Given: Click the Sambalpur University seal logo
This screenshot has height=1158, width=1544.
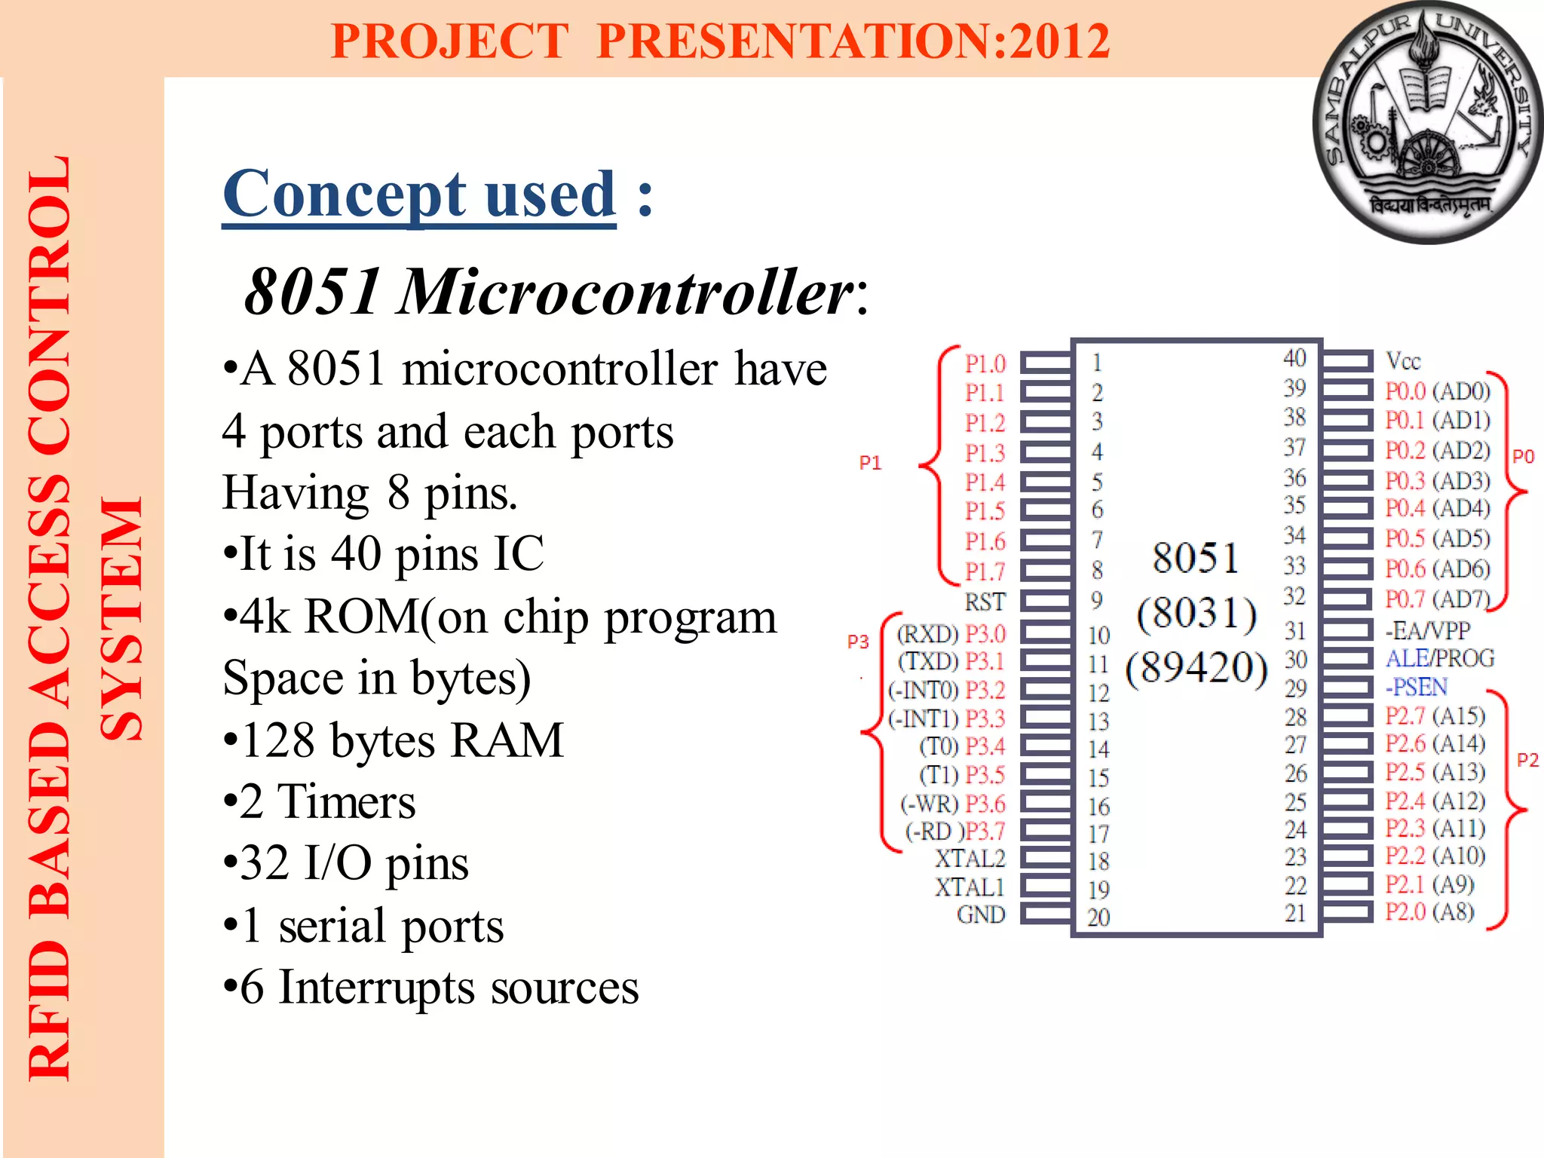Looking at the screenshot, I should coord(1427,122).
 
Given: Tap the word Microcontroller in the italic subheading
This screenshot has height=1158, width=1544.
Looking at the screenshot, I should coord(626,292).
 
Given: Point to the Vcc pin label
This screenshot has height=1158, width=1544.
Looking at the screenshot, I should coord(1403,362).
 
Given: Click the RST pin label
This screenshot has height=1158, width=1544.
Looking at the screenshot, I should coord(985,602).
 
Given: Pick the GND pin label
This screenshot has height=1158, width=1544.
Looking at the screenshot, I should coord(981,914).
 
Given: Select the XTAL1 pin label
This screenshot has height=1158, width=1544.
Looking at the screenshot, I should coord(970,887).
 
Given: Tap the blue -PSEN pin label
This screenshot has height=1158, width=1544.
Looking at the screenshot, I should coord(1416,687).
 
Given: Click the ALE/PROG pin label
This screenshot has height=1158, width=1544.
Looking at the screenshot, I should coord(1440,658).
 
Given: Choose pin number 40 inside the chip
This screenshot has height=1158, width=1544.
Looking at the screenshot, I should coord(1294,358).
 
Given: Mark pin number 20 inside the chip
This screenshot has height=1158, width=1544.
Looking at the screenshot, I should coord(1098,917).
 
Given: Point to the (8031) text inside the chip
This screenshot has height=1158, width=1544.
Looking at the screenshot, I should coord(1196,613).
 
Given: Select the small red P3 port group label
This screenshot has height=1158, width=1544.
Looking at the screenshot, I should coord(858,642).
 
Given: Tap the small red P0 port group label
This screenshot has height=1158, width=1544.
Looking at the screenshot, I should coord(1523,456).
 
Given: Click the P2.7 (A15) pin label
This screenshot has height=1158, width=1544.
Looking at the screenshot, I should coord(1435,715).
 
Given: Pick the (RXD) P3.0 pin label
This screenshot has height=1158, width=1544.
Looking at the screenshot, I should coord(951,633).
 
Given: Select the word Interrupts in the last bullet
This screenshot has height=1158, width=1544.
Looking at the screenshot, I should coord(376,987).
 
